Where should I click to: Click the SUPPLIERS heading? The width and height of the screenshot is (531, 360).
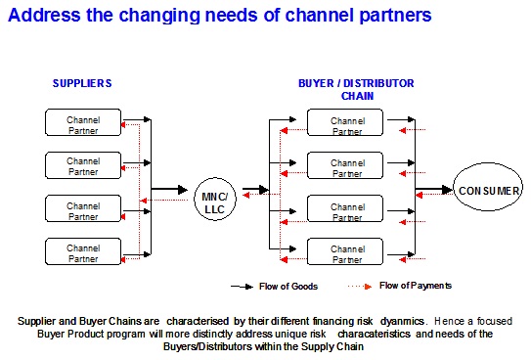pyautogui.click(x=82, y=83)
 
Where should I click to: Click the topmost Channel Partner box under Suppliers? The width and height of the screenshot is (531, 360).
pyautogui.click(x=83, y=122)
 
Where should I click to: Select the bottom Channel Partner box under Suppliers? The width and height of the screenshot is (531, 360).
pyautogui.click(x=83, y=253)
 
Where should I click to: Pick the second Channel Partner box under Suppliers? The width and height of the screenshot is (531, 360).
pyautogui.click(x=83, y=166)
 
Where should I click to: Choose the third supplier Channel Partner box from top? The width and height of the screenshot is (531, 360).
pyautogui.click(x=83, y=209)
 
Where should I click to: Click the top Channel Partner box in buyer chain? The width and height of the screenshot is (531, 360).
pyautogui.click(x=347, y=122)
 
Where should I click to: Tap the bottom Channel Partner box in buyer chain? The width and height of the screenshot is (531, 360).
pyautogui.click(x=347, y=253)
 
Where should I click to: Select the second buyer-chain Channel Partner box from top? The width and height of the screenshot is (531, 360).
pyautogui.click(x=347, y=166)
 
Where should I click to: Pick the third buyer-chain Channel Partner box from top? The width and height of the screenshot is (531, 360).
pyautogui.click(x=347, y=209)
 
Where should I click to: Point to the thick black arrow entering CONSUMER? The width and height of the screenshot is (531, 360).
pyautogui.click(x=432, y=190)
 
